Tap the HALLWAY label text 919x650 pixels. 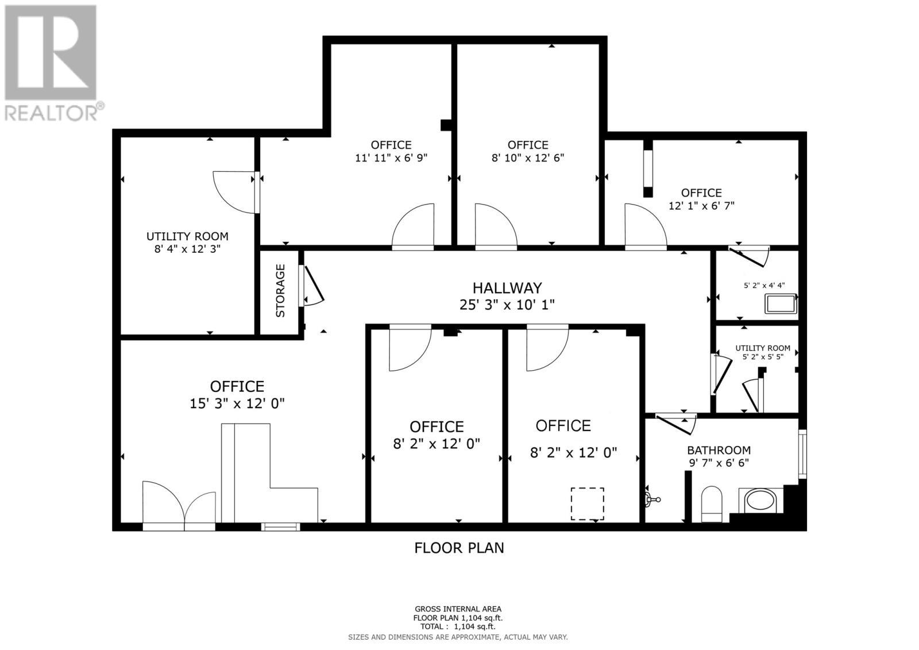click(507, 287)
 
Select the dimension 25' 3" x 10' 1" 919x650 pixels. click(507, 305)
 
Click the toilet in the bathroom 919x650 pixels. click(712, 503)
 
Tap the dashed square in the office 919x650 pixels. click(587, 504)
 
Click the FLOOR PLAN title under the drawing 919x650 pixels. click(459, 548)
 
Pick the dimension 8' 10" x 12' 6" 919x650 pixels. click(527, 157)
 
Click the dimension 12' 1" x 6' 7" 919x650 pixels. click(701, 205)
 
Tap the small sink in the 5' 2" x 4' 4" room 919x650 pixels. click(781, 303)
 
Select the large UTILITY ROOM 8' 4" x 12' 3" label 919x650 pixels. click(187, 242)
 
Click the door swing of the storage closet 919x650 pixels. click(313, 286)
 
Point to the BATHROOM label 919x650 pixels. click(719, 450)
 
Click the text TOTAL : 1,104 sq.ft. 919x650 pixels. click(458, 627)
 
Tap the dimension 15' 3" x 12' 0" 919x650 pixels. click(237, 403)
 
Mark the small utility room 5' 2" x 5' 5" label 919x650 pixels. click(763, 352)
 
